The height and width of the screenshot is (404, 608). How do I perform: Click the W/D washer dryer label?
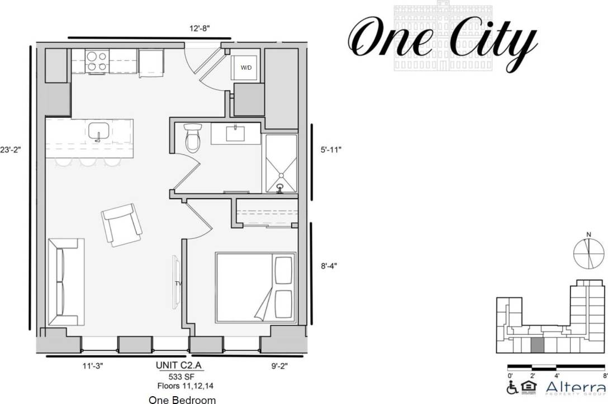[246, 68]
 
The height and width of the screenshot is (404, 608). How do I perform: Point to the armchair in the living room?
[122, 225]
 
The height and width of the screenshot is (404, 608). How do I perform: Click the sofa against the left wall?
[65, 282]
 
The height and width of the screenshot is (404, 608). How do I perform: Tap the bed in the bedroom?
[255, 287]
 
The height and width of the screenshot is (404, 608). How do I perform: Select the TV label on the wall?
[178, 283]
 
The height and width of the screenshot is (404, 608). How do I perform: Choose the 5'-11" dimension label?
[328, 150]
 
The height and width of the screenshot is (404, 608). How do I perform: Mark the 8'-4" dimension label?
[328, 266]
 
